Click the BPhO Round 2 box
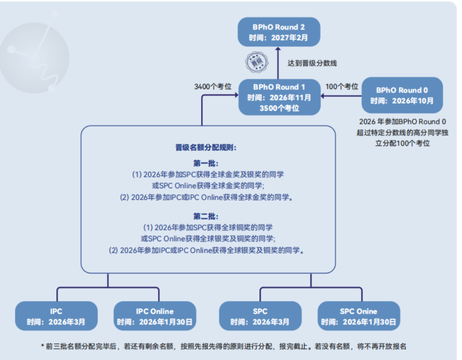tap(279, 32)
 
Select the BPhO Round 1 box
tap(279, 97)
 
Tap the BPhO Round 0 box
tap(402, 95)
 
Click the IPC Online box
tap(154, 316)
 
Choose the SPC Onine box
tap(358, 316)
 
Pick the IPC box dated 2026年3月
tap(56, 316)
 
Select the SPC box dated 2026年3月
tap(260, 316)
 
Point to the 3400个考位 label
tap(213, 87)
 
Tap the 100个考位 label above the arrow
tap(342, 87)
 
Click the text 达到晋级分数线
tap(312, 63)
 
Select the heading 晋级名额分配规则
tap(206, 148)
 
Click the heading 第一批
tap(206, 164)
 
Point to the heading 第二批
tap(206, 216)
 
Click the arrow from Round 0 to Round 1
tap(341, 97)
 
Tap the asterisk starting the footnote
tap(42, 346)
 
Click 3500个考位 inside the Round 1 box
tap(279, 108)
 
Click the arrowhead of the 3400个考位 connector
tap(236, 97)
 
